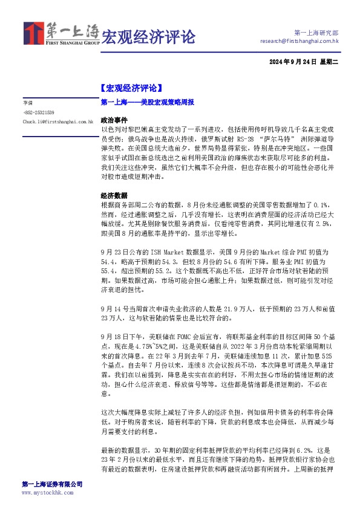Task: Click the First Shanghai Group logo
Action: [x=61, y=34]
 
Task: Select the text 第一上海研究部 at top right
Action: [x=316, y=32]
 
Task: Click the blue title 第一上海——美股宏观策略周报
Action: [x=147, y=103]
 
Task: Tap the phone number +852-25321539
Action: [x=39, y=112]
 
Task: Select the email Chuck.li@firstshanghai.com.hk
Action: [x=57, y=122]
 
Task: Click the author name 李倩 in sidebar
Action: [x=28, y=103]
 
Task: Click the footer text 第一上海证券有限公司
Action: [x=52, y=484]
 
